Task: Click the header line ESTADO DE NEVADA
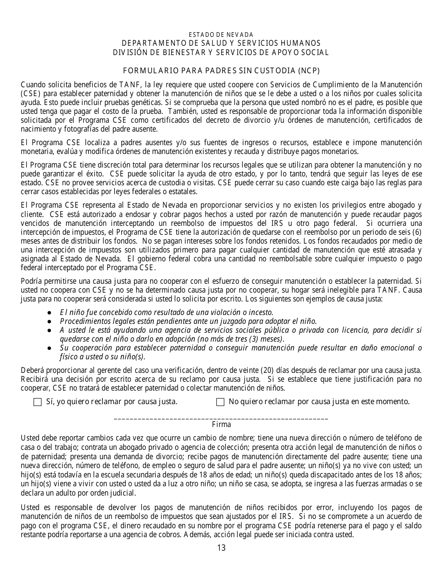click(x=221, y=35)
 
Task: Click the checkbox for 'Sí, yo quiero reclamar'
click(x=38, y=402)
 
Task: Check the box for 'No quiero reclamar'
click(x=221, y=402)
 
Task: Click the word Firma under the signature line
click(x=221, y=425)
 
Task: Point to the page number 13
click(x=221, y=548)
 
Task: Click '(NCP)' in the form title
click(x=309, y=70)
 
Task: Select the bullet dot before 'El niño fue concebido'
click(x=49, y=313)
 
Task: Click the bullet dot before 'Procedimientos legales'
click(x=49, y=322)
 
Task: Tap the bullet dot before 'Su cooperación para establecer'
click(x=49, y=348)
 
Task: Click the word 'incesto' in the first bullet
click(x=262, y=313)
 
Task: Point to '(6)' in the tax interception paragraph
click(x=417, y=232)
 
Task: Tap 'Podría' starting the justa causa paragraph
click(x=31, y=281)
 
